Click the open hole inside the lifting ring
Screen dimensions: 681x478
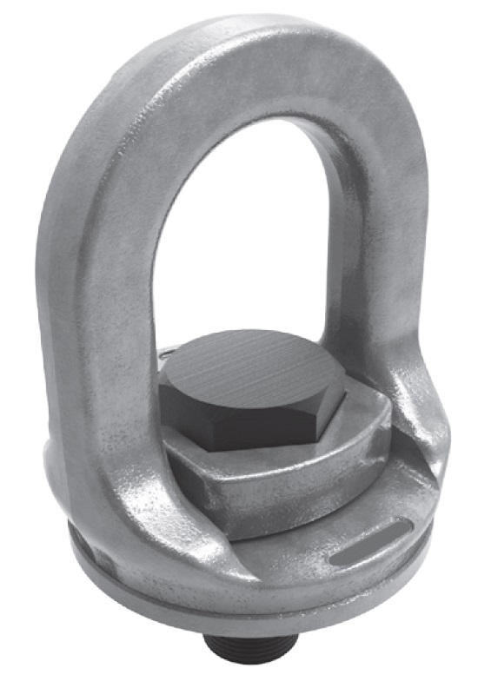tap(239, 235)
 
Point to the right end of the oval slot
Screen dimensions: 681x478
tap(395, 529)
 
